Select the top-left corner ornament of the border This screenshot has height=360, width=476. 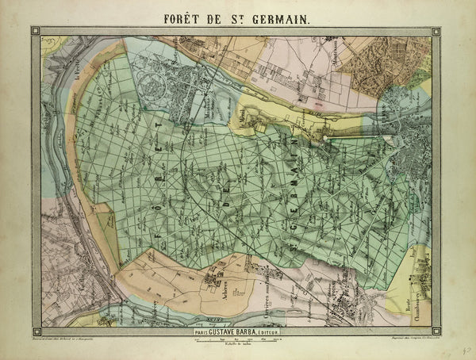(x=36, y=31)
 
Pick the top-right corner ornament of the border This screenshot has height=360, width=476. (x=436, y=31)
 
